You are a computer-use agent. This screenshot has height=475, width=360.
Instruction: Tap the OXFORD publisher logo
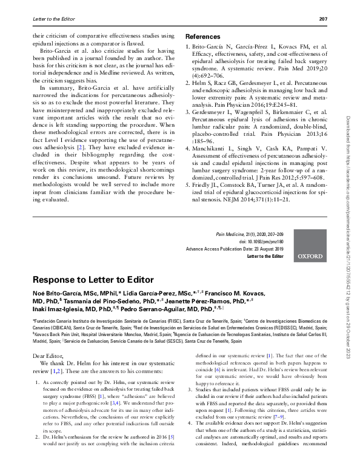coord(310,256)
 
